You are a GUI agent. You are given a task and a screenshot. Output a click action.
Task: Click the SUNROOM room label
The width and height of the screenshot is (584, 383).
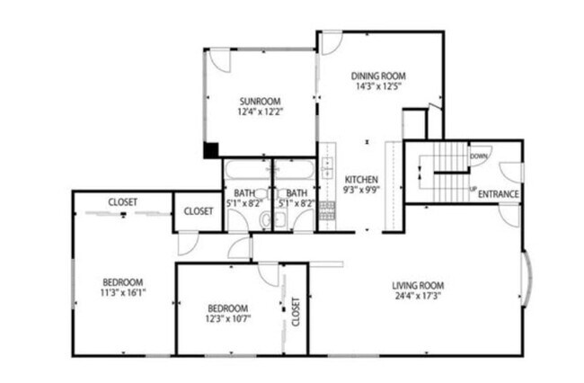tap(259, 101)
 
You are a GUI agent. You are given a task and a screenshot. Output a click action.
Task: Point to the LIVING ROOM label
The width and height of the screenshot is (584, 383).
tap(418, 286)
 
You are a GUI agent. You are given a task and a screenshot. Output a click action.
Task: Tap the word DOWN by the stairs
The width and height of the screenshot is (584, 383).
tap(479, 156)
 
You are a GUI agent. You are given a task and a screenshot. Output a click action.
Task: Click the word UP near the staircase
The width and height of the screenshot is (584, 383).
tap(473, 189)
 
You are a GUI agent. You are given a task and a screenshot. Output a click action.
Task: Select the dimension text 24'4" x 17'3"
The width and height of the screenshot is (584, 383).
tap(418, 297)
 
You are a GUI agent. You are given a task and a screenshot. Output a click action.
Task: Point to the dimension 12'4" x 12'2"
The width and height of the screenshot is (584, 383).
tap(259, 112)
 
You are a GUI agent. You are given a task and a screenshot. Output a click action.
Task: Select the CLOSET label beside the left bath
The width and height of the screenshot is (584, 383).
tap(199, 211)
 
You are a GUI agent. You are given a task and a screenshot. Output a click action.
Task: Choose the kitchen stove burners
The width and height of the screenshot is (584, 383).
tap(327, 210)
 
